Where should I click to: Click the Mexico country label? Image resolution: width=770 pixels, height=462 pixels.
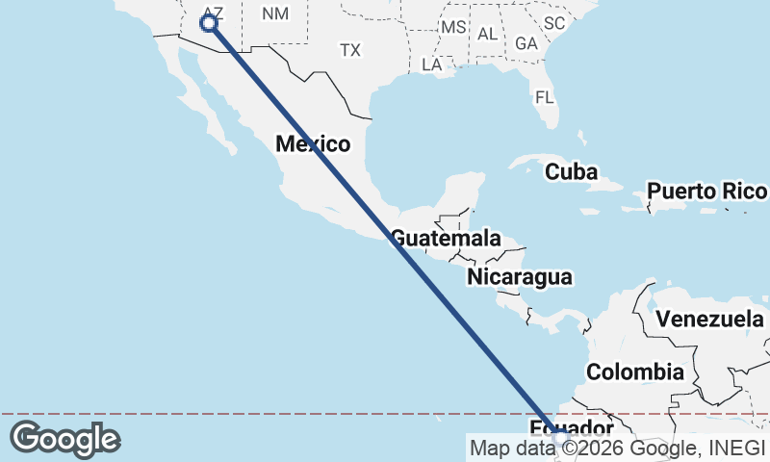pyautogui.click(x=312, y=144)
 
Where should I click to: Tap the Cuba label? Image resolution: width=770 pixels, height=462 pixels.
pyautogui.click(x=572, y=172)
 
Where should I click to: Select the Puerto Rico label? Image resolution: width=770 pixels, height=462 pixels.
pyautogui.click(x=706, y=191)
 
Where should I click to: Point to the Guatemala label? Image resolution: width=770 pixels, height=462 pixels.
pyautogui.click(x=445, y=238)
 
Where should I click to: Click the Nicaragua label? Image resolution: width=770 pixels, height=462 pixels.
pyautogui.click(x=520, y=277)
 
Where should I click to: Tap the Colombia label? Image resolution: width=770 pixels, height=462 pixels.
pyautogui.click(x=635, y=372)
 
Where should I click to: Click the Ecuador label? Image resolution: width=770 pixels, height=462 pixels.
pyautogui.click(x=572, y=427)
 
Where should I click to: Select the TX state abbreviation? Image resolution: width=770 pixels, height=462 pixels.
pyautogui.click(x=350, y=49)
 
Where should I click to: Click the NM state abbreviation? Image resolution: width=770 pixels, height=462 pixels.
pyautogui.click(x=275, y=13)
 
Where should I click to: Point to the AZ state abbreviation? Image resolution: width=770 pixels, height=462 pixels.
pyautogui.click(x=213, y=13)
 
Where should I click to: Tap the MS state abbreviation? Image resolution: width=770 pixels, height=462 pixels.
pyautogui.click(x=453, y=27)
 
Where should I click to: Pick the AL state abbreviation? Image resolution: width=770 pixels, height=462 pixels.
pyautogui.click(x=488, y=34)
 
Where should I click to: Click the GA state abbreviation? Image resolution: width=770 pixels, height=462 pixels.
pyautogui.click(x=526, y=43)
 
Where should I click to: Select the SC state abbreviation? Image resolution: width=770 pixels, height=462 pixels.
pyautogui.click(x=553, y=22)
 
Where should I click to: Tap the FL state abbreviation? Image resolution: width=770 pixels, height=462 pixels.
pyautogui.click(x=545, y=97)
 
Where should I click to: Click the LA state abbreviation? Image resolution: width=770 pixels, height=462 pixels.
pyautogui.click(x=432, y=64)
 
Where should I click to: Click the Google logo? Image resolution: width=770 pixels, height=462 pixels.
pyautogui.click(x=64, y=439)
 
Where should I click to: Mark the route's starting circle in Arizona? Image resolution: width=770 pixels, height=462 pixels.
pyautogui.click(x=208, y=23)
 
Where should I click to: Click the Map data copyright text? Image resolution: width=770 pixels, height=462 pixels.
pyautogui.click(x=618, y=447)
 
